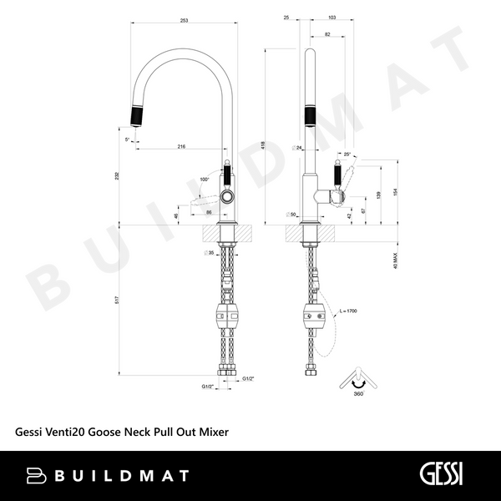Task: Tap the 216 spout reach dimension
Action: [181, 146]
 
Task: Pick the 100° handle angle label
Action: [205, 179]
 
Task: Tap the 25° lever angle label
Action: [347, 154]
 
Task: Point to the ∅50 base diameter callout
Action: [291, 215]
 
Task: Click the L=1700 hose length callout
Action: [348, 311]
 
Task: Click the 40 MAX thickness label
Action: [394, 261]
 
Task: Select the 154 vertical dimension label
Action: [395, 193]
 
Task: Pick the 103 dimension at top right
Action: [331, 18]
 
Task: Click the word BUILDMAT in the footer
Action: [122, 475]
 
